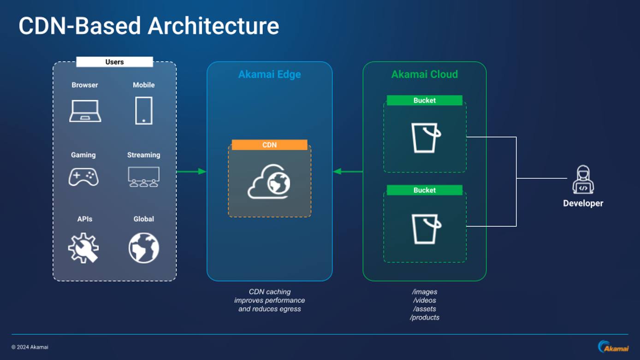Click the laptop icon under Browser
tap(85, 111)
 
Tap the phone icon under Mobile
tap(144, 111)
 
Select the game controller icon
tap(83, 177)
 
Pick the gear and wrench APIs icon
tap(83, 248)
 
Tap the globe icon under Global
tap(144, 248)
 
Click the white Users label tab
tap(114, 62)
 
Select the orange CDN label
tap(269, 145)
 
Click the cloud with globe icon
tap(269, 182)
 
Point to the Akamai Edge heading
tap(269, 74)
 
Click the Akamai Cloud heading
tap(424, 74)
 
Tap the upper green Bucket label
tap(424, 100)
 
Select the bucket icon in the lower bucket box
tap(426, 229)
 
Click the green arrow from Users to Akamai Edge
tap(191, 171)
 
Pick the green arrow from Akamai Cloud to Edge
tap(348, 171)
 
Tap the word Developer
tap(583, 203)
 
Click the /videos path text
tap(424, 301)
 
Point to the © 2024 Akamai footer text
tap(30, 347)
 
